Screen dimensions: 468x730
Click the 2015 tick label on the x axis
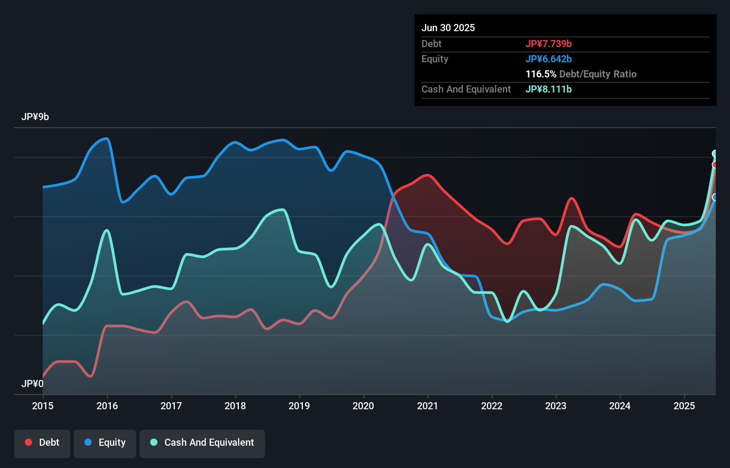[43, 406]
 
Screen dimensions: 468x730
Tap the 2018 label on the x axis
[235, 406]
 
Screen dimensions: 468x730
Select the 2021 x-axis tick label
[427, 406]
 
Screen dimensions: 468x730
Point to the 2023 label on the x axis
[556, 406]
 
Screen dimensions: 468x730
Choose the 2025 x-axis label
[684, 406]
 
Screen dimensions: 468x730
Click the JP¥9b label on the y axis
[35, 117]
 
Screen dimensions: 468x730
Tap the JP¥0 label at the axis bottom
[32, 383]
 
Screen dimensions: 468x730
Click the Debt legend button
[42, 443]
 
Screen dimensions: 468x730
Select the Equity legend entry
[105, 443]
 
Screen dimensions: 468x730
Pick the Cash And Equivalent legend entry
[202, 443]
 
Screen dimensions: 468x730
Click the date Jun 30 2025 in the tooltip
[448, 28]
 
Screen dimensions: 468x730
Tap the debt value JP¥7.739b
[548, 44]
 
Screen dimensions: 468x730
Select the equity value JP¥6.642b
[548, 59]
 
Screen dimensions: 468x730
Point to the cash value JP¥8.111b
[548, 89]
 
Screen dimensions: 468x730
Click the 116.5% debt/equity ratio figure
[541, 74]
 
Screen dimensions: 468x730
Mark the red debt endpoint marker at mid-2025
[715, 165]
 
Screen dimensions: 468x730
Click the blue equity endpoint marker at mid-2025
[715, 197]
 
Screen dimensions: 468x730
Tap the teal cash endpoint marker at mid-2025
[715, 153]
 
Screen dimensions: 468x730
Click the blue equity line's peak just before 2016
[106, 139]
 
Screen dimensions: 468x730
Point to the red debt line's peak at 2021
[428, 175]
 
